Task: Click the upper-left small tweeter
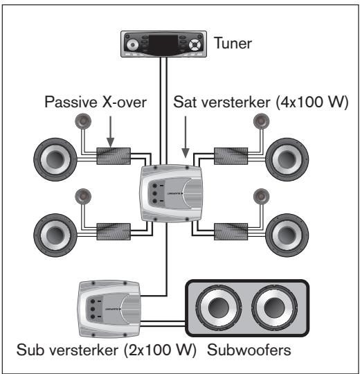click(82, 125)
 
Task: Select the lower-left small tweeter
click(82, 196)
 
